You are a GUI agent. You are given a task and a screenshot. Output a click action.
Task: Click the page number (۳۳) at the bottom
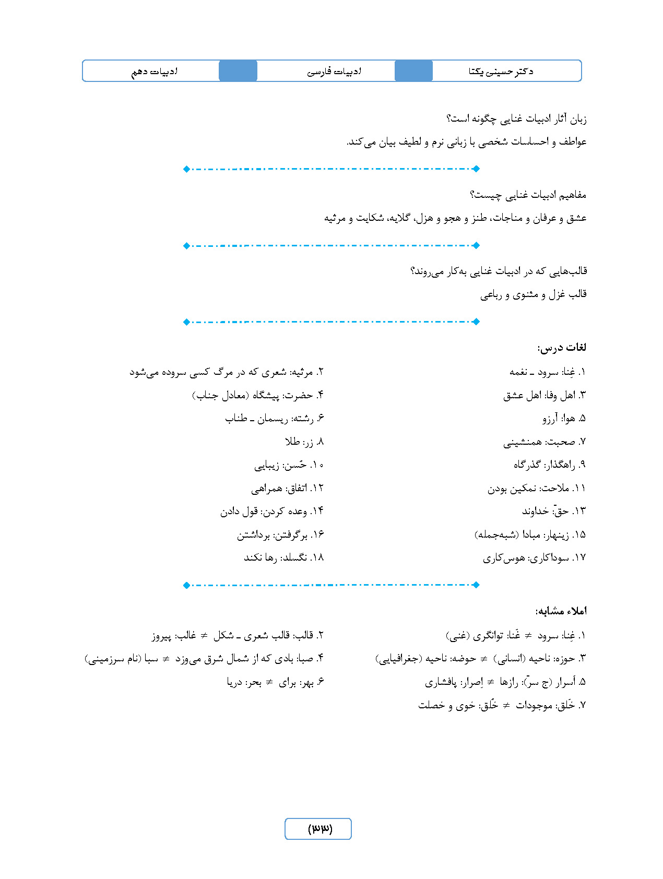[x=318, y=828]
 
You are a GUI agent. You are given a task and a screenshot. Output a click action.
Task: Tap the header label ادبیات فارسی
[x=334, y=72]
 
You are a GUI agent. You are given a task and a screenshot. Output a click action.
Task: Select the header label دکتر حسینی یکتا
[x=501, y=72]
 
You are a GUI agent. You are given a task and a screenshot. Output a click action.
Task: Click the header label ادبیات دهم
[x=154, y=72]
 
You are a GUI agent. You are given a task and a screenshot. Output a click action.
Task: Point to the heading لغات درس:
[x=562, y=348]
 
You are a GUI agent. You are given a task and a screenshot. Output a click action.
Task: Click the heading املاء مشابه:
[x=561, y=611]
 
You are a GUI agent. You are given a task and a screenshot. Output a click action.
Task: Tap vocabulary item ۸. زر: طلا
[x=304, y=442]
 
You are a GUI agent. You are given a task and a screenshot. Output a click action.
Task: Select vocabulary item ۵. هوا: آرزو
[x=564, y=418]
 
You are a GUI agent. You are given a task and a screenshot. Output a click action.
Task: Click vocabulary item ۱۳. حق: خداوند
[x=554, y=511]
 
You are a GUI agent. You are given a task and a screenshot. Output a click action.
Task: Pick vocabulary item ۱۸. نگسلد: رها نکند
[x=284, y=557]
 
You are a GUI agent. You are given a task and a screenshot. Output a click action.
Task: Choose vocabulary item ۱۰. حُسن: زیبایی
[x=289, y=465]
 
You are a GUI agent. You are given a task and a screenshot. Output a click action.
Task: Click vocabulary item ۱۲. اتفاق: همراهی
[x=288, y=488]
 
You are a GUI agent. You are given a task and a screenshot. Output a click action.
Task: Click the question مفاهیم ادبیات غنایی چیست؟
[x=528, y=195]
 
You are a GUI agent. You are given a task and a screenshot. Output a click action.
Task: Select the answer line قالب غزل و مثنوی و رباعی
[x=533, y=294]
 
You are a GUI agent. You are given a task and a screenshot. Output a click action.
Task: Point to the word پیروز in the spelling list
[x=161, y=636]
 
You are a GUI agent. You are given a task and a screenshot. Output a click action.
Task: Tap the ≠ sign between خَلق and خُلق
[x=506, y=705]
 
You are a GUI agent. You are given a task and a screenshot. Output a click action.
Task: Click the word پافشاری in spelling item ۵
[x=441, y=682]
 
